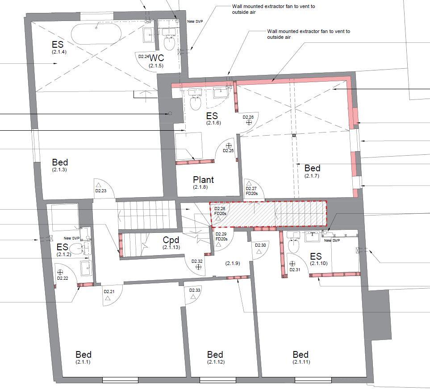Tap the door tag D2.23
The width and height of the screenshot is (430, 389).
coord(101,191)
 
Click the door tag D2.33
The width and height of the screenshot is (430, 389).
coord(195,290)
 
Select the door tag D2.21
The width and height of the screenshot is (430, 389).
coord(109,292)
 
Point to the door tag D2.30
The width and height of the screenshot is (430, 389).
coord(260,245)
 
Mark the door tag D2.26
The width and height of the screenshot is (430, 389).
coord(248,117)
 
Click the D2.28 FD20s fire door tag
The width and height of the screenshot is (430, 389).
coord(220,211)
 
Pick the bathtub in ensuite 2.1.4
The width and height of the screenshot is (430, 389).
coord(96,33)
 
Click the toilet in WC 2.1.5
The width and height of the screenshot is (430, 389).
coord(169,43)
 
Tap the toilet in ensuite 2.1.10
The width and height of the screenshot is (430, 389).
coord(294,246)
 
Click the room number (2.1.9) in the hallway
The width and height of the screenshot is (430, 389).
coord(233,264)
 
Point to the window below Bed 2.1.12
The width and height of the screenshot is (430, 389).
coord(217,380)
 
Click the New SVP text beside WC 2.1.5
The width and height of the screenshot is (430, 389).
coord(194,21)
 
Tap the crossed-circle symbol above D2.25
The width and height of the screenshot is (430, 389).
coord(229,145)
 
